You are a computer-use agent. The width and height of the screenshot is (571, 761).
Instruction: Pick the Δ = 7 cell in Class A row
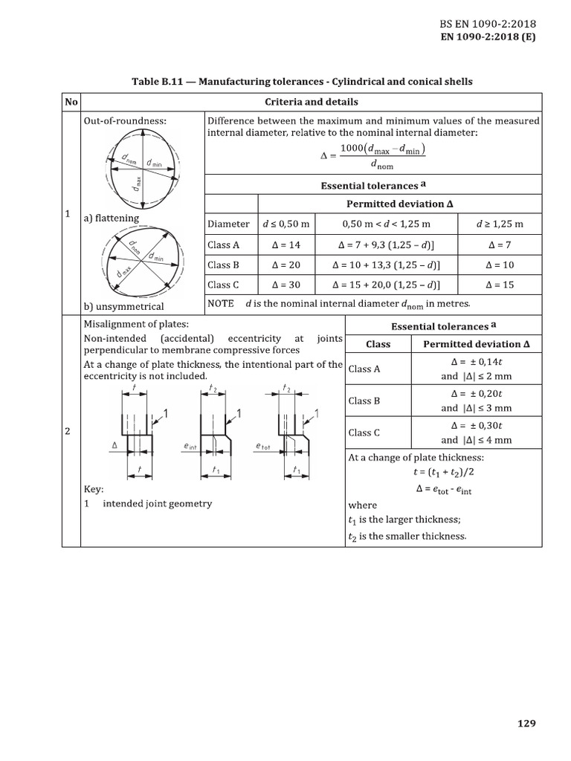coord(500,244)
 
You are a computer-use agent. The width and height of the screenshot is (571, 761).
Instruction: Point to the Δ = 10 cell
coord(500,265)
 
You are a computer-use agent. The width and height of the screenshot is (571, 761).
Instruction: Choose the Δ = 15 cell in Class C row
coord(500,285)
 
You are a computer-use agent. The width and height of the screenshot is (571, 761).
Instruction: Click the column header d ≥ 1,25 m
coord(500,224)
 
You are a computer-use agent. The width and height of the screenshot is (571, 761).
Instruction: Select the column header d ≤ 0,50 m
coord(285,224)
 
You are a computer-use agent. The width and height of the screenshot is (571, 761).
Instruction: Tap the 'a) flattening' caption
coord(112,218)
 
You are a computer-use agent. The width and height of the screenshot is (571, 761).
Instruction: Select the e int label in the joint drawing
coord(190,446)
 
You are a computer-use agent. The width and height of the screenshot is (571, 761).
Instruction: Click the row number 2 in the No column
coord(68,432)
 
